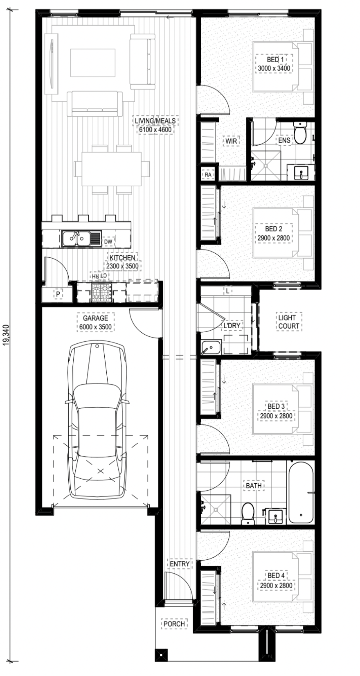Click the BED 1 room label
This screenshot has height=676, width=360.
(274, 59)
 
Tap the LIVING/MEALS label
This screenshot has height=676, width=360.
(155, 121)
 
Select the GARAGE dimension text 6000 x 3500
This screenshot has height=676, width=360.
(96, 327)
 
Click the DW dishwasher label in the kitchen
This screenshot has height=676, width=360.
(108, 242)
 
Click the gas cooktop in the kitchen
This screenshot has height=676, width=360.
(102, 292)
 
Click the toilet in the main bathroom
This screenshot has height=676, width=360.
(248, 513)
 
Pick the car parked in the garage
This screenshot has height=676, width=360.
(97, 420)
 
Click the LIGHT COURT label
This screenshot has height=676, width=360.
(289, 322)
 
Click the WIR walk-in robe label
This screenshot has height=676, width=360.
(232, 140)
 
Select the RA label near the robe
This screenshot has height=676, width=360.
(208, 174)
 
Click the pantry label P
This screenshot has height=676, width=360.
(57, 294)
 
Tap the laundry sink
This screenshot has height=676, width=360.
(211, 347)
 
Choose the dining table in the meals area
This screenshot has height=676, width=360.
(112, 169)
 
